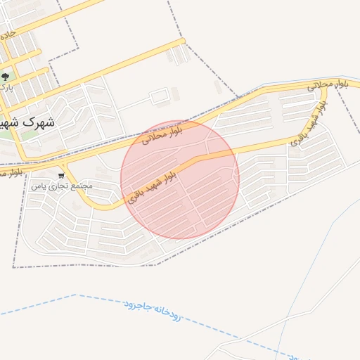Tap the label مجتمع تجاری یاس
61,186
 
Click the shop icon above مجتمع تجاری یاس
61,175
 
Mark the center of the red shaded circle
180,179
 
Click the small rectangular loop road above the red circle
160,95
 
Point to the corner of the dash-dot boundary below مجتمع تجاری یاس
13,267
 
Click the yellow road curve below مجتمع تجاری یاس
98,207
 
